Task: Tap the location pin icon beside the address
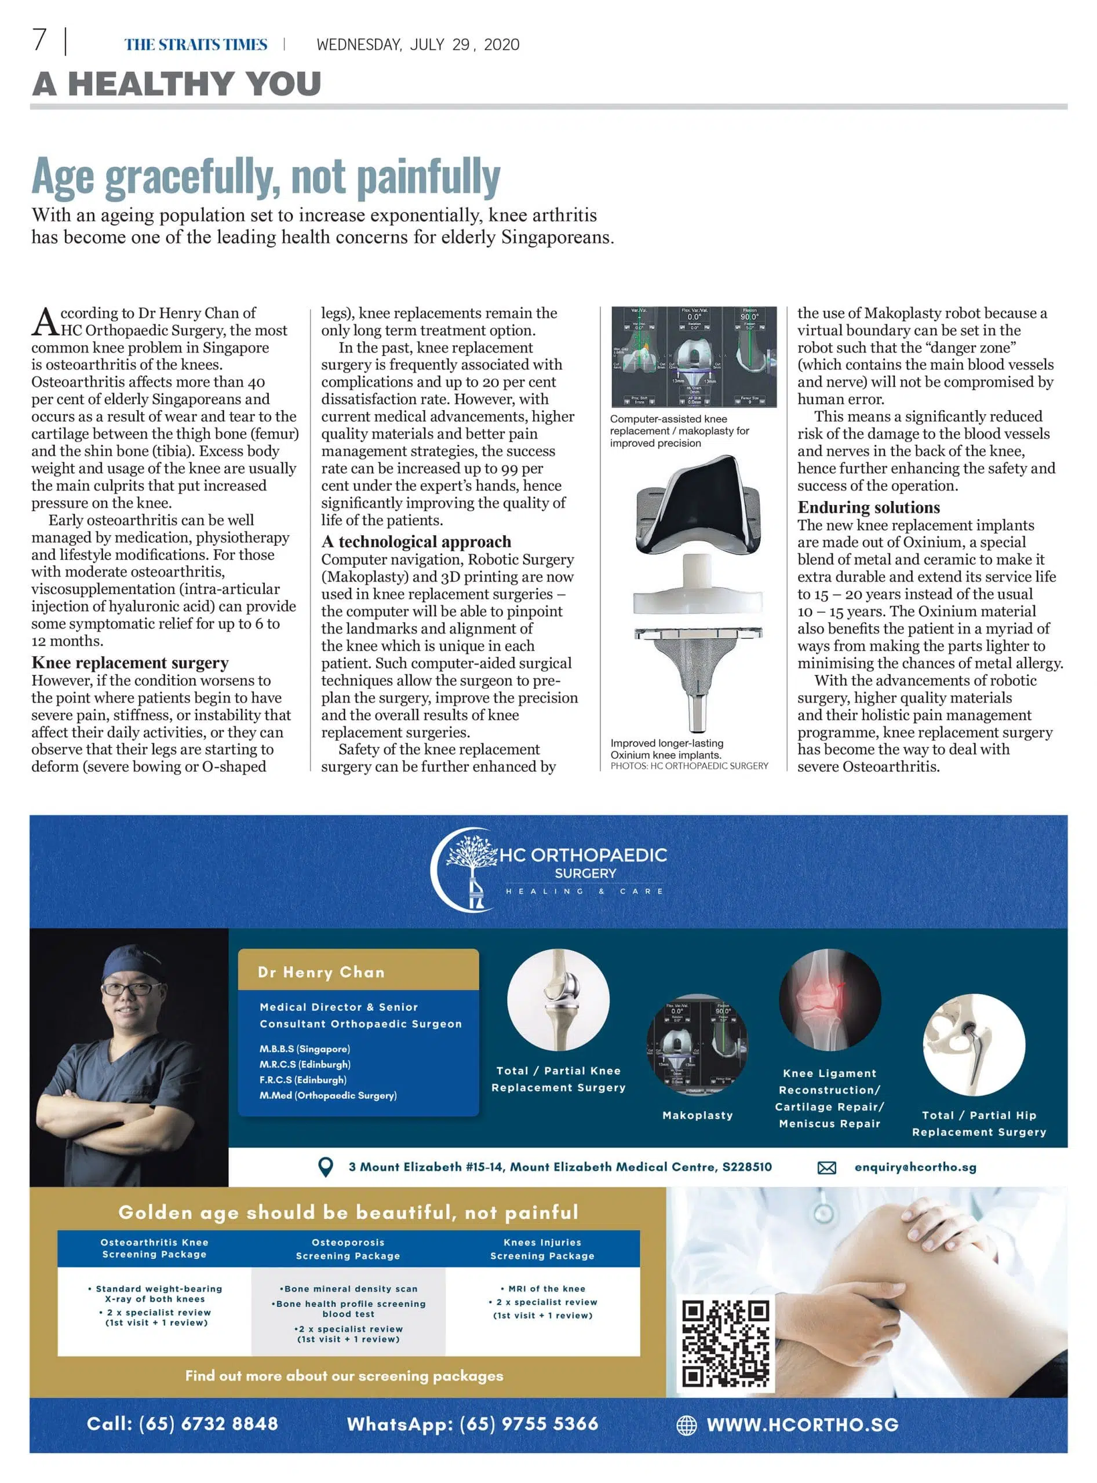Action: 325,1166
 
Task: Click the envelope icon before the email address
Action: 826,1167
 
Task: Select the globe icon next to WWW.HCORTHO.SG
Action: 686,1424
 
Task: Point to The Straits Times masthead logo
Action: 196,45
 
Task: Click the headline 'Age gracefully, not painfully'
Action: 265,177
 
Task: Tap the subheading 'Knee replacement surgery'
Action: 130,663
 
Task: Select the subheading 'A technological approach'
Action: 416,542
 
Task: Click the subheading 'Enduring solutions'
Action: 869,507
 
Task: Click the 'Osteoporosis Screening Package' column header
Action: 348,1248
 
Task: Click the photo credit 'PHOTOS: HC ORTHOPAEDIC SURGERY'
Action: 688,765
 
